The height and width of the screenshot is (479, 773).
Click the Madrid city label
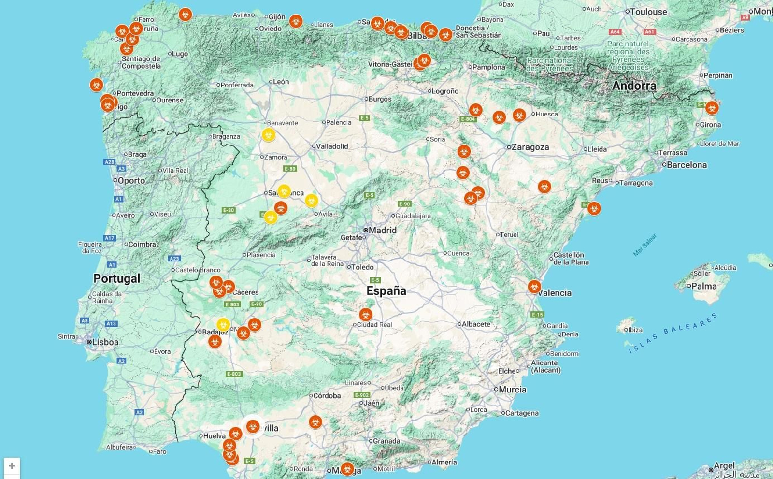pos(382,230)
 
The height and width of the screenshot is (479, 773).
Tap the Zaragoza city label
pos(530,147)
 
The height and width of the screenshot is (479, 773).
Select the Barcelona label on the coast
pos(687,165)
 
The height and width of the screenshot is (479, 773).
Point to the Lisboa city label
pos(105,342)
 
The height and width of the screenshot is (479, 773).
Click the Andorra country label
pos(634,86)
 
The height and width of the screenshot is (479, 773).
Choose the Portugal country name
pos(116,278)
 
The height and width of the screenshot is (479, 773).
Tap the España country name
pos(386,290)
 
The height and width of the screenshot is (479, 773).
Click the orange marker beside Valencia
pos(534,287)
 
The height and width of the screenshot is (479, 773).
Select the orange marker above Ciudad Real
pos(366,315)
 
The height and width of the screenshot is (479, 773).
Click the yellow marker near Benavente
pos(269,135)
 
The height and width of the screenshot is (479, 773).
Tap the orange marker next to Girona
pos(712,107)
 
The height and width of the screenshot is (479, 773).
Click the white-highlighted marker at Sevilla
pos(253,426)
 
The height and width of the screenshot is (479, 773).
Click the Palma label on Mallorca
pos(704,286)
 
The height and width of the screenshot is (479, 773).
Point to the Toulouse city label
pos(648,12)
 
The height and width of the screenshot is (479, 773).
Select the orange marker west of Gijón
pos(185,15)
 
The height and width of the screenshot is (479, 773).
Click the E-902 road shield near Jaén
pos(362,395)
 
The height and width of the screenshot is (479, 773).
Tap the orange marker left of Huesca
pos(519,115)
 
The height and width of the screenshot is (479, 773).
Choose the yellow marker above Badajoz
pos(223,324)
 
